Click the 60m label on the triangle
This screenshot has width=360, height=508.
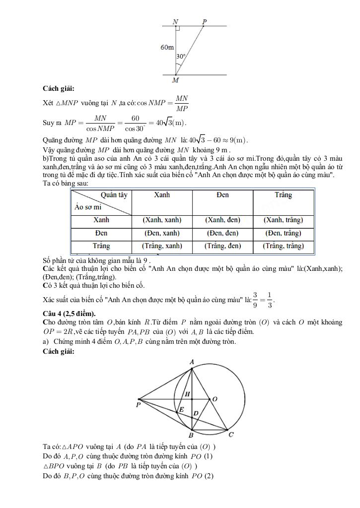pos(167,48)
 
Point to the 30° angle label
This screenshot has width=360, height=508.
pos(181,57)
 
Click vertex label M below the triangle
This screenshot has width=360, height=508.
pos(175,80)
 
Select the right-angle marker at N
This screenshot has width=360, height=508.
pos(178,29)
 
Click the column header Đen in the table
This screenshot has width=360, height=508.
pos(222,195)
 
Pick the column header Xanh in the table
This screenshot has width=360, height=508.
pos(162,195)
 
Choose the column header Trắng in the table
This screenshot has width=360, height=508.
pos(284,195)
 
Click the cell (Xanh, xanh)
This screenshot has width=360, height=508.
pos(162,220)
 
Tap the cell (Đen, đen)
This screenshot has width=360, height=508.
pos(222,233)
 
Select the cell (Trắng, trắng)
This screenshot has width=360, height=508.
pos(284,246)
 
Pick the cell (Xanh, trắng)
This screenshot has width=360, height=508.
pos(284,220)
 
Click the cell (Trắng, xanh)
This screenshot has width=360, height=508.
pos(162,246)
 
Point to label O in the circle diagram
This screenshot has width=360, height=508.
pos(215,399)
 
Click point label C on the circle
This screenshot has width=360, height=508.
pos(231,435)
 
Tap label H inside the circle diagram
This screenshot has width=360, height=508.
pos(187,394)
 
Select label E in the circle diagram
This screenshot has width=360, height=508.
pos(181,410)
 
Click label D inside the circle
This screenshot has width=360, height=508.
pos(196,413)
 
